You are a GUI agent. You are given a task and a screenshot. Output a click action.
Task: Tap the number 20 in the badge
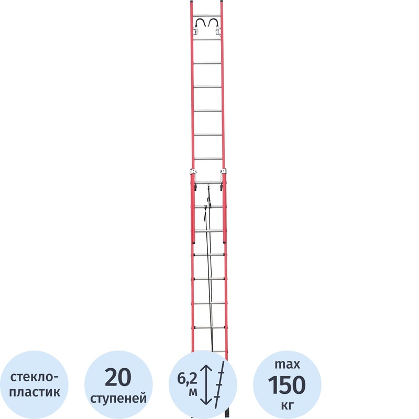118,377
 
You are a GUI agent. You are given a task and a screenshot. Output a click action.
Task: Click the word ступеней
118,398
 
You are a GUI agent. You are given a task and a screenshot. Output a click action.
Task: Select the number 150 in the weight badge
286,385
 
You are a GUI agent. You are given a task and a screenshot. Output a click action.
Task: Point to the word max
287,364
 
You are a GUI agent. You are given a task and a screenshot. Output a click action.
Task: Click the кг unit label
286,405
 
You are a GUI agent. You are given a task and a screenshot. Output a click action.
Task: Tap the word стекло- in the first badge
34,377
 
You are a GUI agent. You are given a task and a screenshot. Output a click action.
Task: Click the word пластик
35,392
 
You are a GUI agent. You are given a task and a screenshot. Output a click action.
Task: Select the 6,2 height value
187,378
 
